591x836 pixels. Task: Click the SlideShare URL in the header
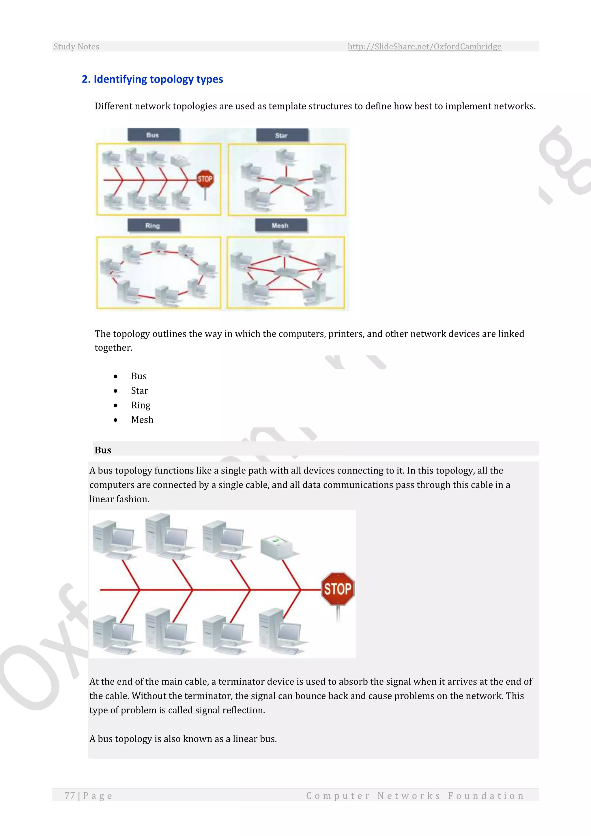click(424, 46)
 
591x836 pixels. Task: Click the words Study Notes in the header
click(76, 46)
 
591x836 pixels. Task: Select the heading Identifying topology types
click(152, 79)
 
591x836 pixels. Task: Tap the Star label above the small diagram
click(281, 135)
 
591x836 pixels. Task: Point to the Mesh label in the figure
click(280, 225)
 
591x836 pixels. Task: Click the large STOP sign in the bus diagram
click(337, 589)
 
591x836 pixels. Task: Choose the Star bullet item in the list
click(139, 391)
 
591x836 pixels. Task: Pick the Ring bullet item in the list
click(141, 405)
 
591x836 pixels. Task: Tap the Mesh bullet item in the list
click(142, 420)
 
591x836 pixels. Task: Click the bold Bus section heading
click(103, 450)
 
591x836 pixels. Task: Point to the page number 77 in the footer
click(70, 796)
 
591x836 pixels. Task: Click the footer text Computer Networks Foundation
click(415, 796)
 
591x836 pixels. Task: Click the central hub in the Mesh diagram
click(285, 272)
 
